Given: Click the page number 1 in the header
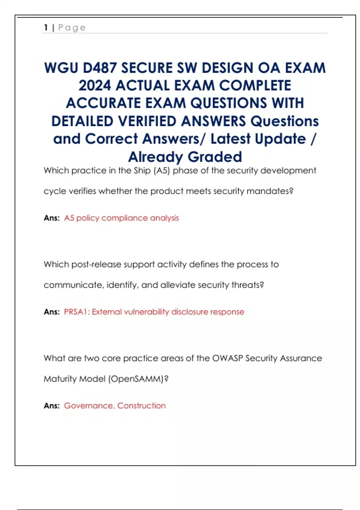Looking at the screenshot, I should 46,28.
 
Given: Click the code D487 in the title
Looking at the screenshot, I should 100,68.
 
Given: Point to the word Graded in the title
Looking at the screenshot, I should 215,157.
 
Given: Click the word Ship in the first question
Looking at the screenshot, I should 142,171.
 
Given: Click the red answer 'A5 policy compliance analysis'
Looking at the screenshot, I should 121,218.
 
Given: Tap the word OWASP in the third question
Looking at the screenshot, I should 227,358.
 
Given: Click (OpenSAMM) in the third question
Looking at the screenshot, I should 136,379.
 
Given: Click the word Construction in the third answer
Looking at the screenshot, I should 141,406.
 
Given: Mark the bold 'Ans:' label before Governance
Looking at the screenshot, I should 52,406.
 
